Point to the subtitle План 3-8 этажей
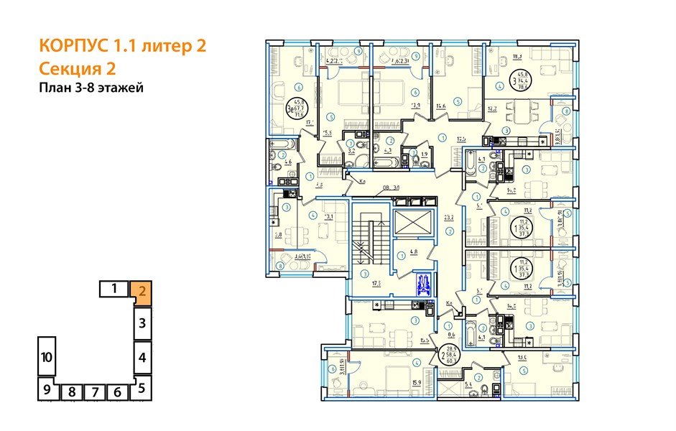(91, 88)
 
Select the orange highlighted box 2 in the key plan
(142, 291)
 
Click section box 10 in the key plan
(46, 357)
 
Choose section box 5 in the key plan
(142, 389)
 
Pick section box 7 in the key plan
(94, 392)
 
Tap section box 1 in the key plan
(114, 289)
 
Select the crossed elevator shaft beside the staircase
(415, 223)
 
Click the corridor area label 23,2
(450, 216)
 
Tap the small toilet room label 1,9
(425, 154)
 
